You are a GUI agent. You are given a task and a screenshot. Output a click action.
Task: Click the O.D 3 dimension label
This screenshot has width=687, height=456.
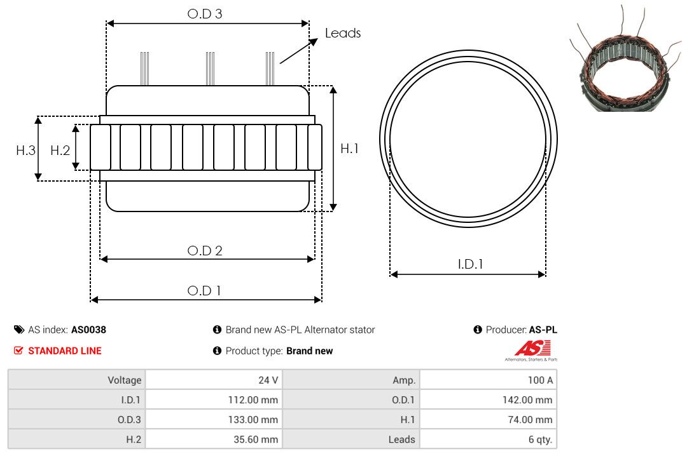pyautogui.click(x=205, y=14)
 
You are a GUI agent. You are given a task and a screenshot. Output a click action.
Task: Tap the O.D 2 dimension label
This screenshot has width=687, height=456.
pyautogui.click(x=205, y=251)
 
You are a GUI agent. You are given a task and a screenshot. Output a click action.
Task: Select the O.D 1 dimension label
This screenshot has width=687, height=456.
pyautogui.click(x=204, y=291)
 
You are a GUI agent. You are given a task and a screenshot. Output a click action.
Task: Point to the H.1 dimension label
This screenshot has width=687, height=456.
pyautogui.click(x=350, y=149)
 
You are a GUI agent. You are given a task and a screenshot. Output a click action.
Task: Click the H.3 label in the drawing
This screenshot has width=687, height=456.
pyautogui.click(x=26, y=151)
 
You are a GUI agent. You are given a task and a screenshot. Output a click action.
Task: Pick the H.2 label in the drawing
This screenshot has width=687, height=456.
pyautogui.click(x=60, y=151)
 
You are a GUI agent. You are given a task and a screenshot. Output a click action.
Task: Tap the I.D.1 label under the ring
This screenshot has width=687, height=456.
pyautogui.click(x=470, y=264)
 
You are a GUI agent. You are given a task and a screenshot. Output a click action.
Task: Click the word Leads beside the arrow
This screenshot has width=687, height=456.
pyautogui.click(x=343, y=33)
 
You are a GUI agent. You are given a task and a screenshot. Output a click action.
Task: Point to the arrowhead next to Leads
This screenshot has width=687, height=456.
pyautogui.click(x=313, y=42)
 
